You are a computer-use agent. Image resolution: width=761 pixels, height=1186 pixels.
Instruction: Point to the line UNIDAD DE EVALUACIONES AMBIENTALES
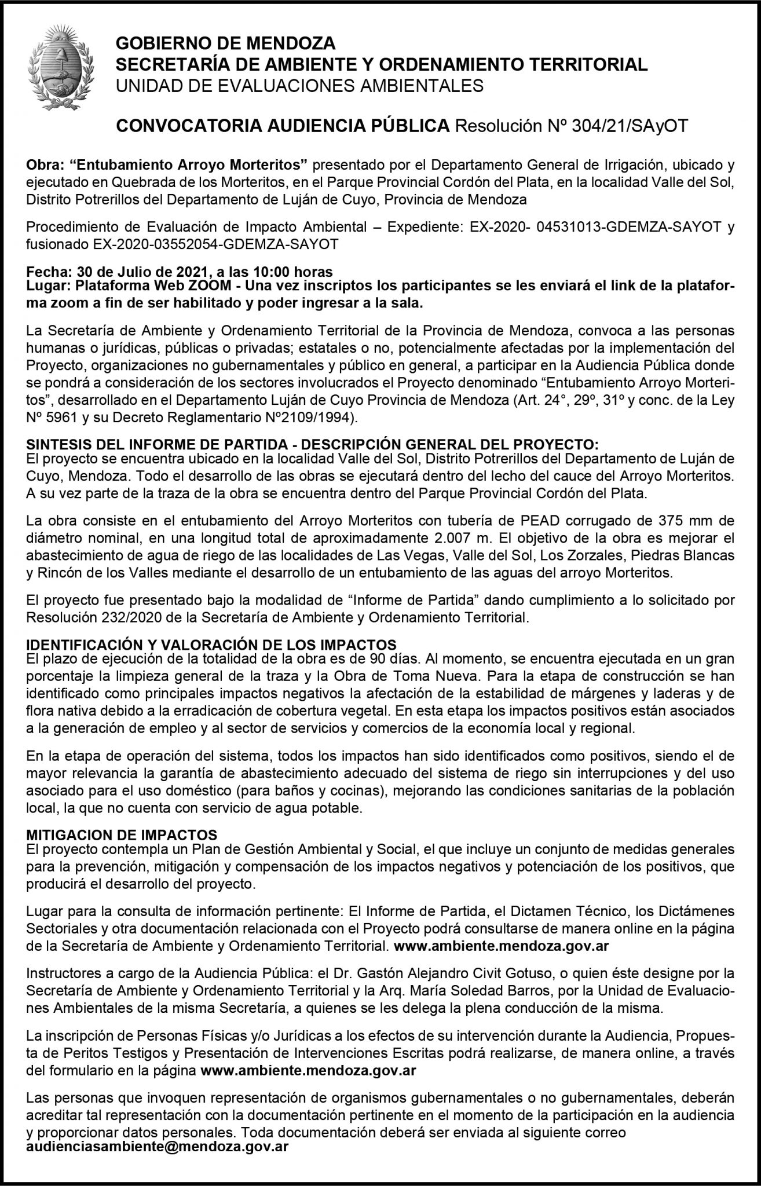[299, 86]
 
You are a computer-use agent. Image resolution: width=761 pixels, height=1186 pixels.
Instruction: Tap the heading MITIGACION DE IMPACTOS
[122, 834]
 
